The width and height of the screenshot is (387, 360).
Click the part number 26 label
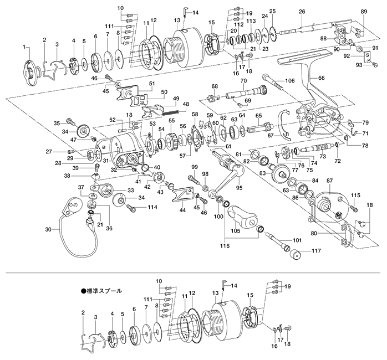point(302,12)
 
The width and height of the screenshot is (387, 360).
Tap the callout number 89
point(364,12)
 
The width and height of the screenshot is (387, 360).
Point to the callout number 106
point(289,81)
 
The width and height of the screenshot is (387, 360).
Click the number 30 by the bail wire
point(48,229)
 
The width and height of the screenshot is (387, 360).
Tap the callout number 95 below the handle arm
point(240,187)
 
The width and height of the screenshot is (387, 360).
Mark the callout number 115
point(355,196)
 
